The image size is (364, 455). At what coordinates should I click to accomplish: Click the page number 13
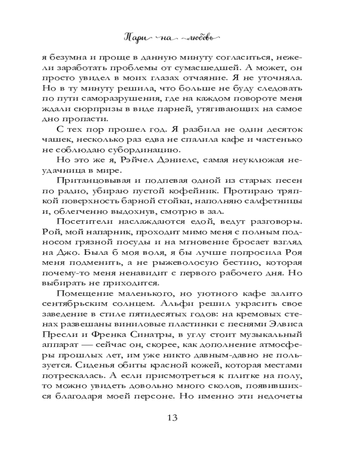(x=182, y=417)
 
